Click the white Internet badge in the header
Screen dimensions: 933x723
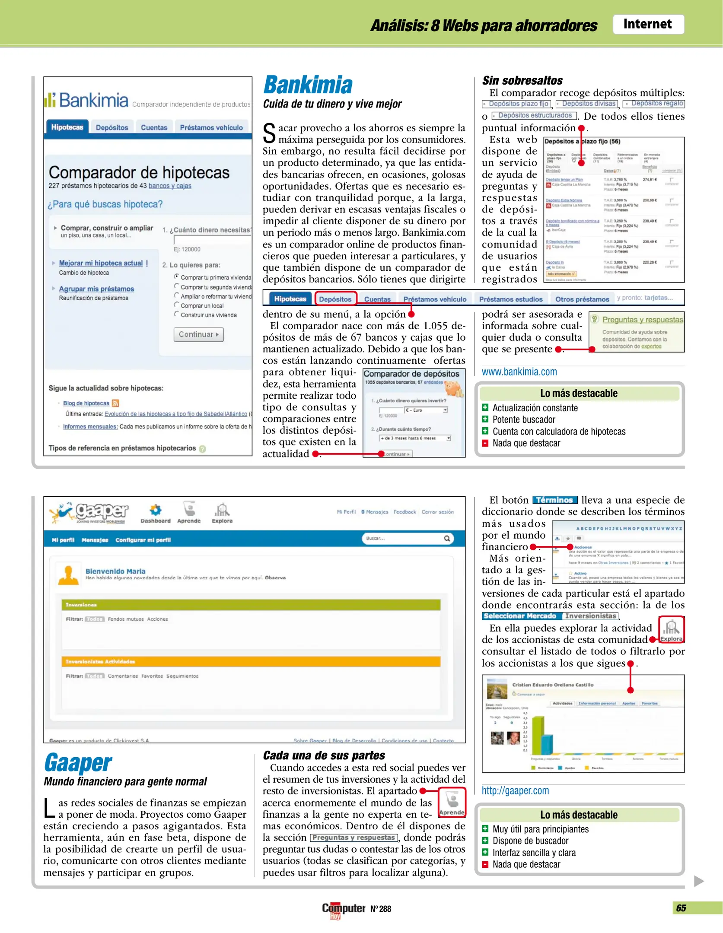coord(647,24)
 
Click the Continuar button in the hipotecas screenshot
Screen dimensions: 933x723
coord(198,334)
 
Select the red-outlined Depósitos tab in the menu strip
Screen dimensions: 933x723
coord(335,299)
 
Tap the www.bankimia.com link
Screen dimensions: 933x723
coord(519,372)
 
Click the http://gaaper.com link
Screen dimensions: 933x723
coord(515,790)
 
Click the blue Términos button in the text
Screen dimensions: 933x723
coord(554,500)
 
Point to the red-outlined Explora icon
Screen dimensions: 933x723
coord(671,630)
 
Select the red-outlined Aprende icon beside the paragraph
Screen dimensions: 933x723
coord(452,802)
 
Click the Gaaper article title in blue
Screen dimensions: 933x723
coord(78,763)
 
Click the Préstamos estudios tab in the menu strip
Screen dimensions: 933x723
coord(510,299)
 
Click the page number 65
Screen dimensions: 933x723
coord(681,908)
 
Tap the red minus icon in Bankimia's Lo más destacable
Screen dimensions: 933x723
coord(485,443)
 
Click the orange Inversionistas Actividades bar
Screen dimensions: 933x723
coord(251,661)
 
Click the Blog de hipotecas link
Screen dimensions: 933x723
coord(86,403)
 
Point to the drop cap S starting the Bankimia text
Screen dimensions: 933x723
coord(269,133)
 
